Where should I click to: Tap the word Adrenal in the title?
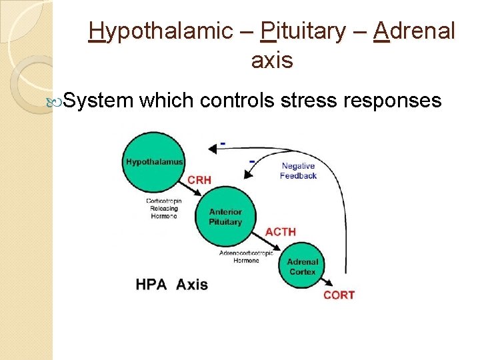point(415,31)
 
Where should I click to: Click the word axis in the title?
point(272,61)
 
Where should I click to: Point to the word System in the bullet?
point(99,101)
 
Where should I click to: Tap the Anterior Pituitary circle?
point(225,217)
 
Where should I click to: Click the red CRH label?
point(200,179)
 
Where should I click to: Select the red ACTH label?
point(280,231)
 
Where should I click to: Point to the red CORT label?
point(339,295)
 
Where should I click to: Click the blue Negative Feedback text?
point(298,171)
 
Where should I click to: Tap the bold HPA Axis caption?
point(171,285)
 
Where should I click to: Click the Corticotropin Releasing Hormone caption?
point(163,208)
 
